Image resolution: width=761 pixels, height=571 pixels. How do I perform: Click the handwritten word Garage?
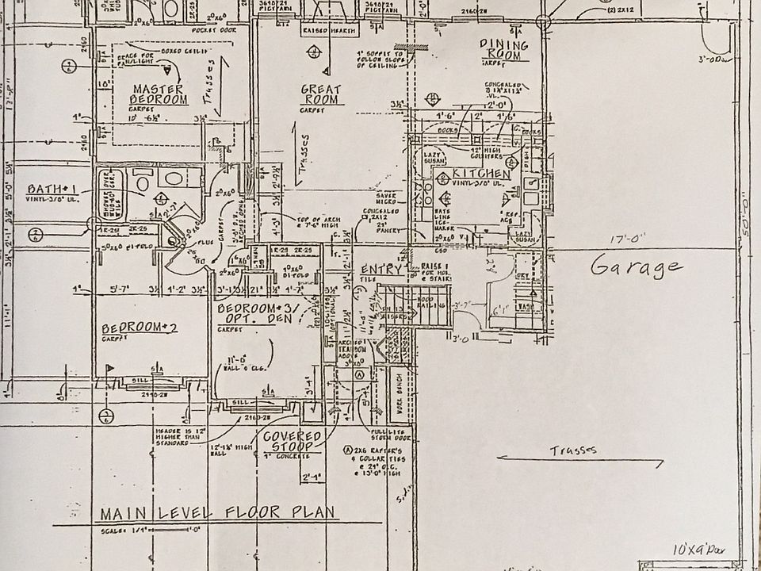pos(636,267)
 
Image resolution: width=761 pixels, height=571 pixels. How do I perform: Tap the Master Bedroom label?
pos(159,94)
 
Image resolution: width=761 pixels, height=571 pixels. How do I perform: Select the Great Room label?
pos(321,94)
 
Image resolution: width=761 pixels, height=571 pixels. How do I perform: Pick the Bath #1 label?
pos(51,190)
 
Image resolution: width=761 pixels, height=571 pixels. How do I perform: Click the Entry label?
pos(381,270)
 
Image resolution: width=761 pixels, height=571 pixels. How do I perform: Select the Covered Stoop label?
pos(292,442)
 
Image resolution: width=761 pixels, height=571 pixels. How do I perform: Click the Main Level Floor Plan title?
pos(212,512)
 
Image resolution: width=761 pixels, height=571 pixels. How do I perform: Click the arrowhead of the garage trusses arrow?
pos(500,458)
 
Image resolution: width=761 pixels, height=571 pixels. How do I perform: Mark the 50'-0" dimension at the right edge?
pos(747,238)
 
